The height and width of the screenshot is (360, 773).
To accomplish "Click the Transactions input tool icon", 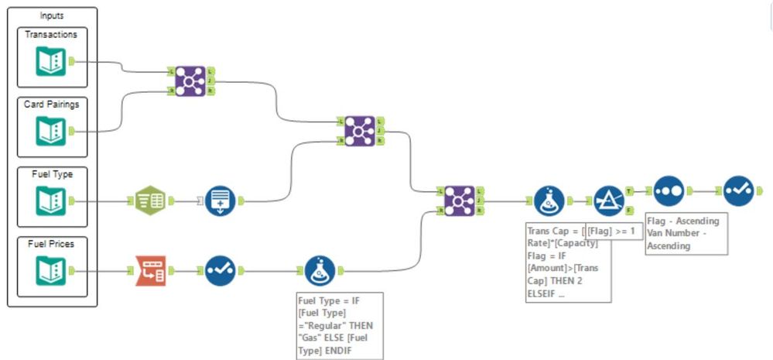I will (x=51, y=63).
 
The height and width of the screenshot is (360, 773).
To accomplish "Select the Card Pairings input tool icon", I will (x=51, y=132).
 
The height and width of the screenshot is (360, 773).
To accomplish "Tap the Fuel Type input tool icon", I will (x=51, y=202).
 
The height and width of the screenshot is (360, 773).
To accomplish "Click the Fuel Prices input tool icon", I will (x=51, y=272).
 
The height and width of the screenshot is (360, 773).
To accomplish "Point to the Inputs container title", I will (x=52, y=15).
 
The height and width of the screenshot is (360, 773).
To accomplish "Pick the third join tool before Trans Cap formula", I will (x=460, y=201).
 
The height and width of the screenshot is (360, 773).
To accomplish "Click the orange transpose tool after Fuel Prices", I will (x=151, y=272).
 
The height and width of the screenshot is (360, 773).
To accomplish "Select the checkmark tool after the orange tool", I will (x=221, y=272).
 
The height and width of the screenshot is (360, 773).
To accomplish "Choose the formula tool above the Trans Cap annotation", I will (x=549, y=201).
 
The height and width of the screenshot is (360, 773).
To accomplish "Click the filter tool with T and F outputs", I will (x=609, y=201).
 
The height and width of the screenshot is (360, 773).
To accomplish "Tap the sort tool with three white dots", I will (x=668, y=190).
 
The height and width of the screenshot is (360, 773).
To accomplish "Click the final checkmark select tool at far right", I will (x=737, y=190).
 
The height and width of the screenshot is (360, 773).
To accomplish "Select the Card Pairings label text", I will (x=52, y=105).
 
